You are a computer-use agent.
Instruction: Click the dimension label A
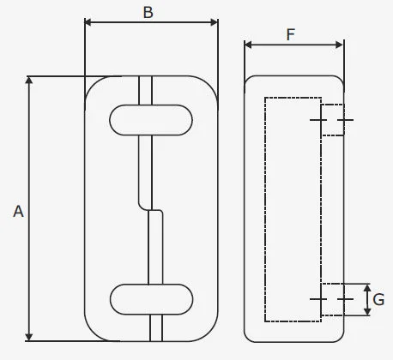pyautogui.click(x=17, y=210)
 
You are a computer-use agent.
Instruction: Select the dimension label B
pyautogui.click(x=148, y=12)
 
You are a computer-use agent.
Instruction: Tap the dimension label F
pyautogui.click(x=291, y=34)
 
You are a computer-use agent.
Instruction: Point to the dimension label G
pyautogui.click(x=378, y=300)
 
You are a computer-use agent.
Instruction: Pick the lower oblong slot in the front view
pyautogui.click(x=152, y=297)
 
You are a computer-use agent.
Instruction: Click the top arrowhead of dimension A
pyautogui.click(x=31, y=81)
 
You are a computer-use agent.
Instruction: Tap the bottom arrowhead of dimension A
pyautogui.click(x=31, y=336)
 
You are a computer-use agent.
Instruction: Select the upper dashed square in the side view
pyautogui.click(x=332, y=119)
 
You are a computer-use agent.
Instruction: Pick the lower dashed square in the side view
pyautogui.click(x=332, y=299)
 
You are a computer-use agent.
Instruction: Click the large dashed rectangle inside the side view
pyautogui.click(x=293, y=210)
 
